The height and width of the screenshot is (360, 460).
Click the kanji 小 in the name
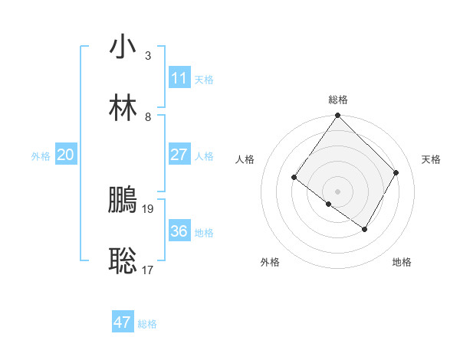click(123, 47)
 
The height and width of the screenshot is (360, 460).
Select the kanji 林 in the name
click(123, 108)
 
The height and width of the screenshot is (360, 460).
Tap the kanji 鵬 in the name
click(123, 200)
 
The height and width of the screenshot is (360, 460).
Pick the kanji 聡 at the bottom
click(123, 261)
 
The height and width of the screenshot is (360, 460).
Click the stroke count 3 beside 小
click(147, 56)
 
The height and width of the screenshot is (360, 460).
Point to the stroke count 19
click(149, 208)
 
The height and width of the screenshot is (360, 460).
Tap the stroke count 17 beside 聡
click(149, 270)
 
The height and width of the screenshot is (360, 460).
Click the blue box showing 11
click(179, 78)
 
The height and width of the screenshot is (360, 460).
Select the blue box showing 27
click(179, 155)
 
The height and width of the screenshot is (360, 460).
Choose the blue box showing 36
click(179, 231)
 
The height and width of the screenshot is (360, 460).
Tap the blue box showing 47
click(123, 322)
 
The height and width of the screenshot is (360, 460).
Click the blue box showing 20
click(65, 155)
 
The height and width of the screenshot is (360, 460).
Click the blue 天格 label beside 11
click(204, 80)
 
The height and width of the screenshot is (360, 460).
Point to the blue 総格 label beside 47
click(147, 324)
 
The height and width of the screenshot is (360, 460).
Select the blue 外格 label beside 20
click(41, 156)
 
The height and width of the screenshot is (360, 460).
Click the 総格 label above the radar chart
click(338, 100)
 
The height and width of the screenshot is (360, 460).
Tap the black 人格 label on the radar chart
click(245, 159)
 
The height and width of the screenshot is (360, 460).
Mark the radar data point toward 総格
click(337, 116)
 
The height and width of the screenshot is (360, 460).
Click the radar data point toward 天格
click(396, 172)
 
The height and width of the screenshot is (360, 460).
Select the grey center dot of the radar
click(337, 191)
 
